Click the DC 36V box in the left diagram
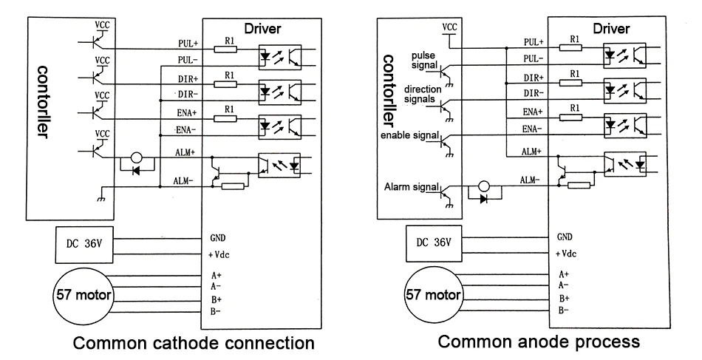pyautogui.click(x=85, y=245)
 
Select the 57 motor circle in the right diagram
pyautogui.click(x=433, y=295)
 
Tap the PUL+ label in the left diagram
pyautogui.click(x=188, y=44)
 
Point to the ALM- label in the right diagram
pyautogui.click(x=530, y=180)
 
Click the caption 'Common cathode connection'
pyautogui.click(x=194, y=343)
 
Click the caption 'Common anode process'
pyautogui.click(x=539, y=342)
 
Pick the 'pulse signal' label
pyautogui.click(x=423, y=61)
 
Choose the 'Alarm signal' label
pyautogui.click(x=411, y=187)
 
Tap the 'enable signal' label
pyautogui.click(x=409, y=135)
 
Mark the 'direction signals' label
pyautogui.click(x=423, y=94)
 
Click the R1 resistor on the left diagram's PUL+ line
pyautogui.click(x=225, y=49)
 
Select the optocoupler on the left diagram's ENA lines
pyautogui.click(x=280, y=127)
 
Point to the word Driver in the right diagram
pyautogui.click(x=611, y=29)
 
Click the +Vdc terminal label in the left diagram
pyautogui.click(x=219, y=255)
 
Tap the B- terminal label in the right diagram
pyautogui.click(x=564, y=310)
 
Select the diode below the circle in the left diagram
pyautogui.click(x=137, y=170)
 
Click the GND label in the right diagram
pyautogui.click(x=565, y=237)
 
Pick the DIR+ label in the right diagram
pyautogui.click(x=534, y=78)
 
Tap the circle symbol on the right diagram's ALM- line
pyautogui.click(x=484, y=186)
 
